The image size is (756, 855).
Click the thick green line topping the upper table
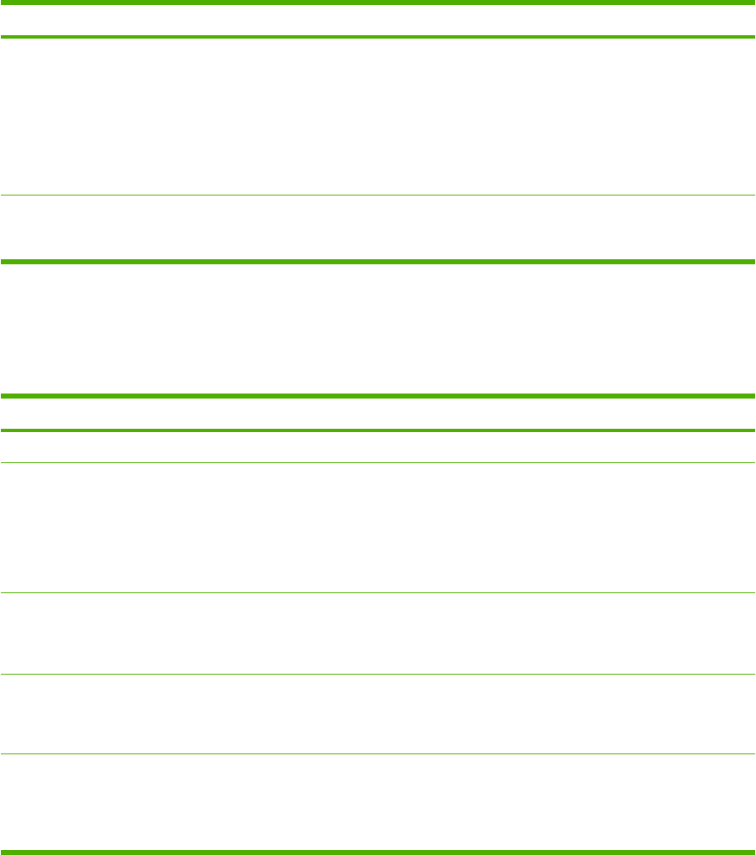378,3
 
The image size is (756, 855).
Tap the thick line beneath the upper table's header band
378,37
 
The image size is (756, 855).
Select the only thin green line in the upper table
378,196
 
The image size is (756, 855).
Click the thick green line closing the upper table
378,262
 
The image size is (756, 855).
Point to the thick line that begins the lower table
378,395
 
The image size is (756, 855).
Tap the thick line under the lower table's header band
378,430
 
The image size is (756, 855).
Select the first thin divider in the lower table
378,462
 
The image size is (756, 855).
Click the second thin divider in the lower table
378,593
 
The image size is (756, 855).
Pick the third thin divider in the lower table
378,674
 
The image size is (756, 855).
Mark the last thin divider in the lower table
378,753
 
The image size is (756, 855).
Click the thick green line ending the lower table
378,852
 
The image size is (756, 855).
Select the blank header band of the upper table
378,20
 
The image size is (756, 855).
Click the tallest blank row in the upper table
378,117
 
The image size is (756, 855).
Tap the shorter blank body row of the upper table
378,228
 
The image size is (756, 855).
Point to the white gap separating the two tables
378,328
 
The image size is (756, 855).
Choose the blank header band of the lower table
378,413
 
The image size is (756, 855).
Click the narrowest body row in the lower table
378,446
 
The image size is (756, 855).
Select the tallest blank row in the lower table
378,528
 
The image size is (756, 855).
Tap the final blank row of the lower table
378,802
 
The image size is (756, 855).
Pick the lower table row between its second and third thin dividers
378,633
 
